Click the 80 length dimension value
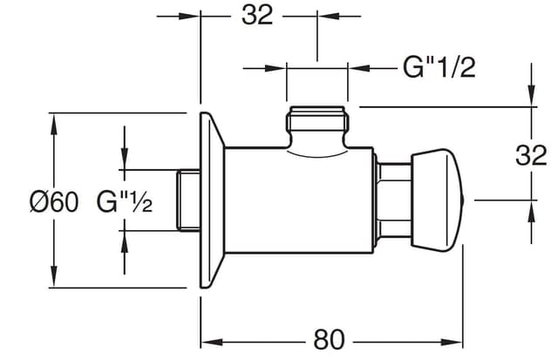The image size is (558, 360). pyautogui.click(x=330, y=339)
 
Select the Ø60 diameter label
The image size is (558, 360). pyautogui.click(x=54, y=201)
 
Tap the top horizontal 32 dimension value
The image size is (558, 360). pyautogui.click(x=257, y=15)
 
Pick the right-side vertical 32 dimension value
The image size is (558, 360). pyautogui.click(x=531, y=155)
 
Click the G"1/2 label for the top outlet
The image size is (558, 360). pyautogui.click(x=439, y=67)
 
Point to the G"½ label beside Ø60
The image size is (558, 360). pyautogui.click(x=125, y=202)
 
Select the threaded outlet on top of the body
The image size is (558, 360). pyautogui.click(x=317, y=126)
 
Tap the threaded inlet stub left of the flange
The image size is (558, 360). pyautogui.click(x=188, y=200)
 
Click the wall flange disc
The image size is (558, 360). pyautogui.click(x=212, y=200)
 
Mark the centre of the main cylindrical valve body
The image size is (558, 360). pyautogui.click(x=299, y=200)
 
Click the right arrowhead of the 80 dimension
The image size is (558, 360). pyautogui.click(x=452, y=343)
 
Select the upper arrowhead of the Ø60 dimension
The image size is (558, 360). pyautogui.click(x=54, y=124)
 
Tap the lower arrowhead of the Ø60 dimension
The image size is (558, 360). pyautogui.click(x=54, y=276)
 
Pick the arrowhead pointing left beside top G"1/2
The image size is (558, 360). pyautogui.click(x=359, y=68)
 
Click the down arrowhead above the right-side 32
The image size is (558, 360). pyautogui.click(x=531, y=95)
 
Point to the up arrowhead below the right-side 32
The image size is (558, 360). pyautogui.click(x=531, y=211)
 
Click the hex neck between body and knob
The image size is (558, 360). pyautogui.click(x=393, y=200)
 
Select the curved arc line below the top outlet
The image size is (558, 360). pyautogui.click(x=317, y=154)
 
